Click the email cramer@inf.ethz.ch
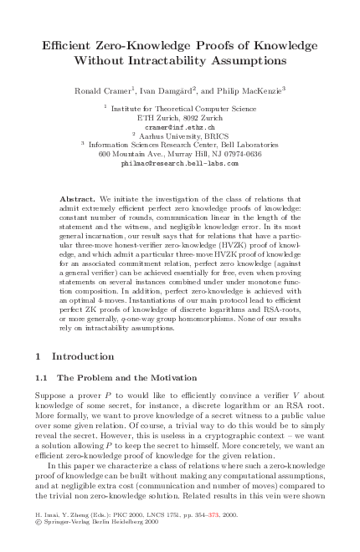tap(180, 126)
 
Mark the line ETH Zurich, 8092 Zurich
tap(180, 117)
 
